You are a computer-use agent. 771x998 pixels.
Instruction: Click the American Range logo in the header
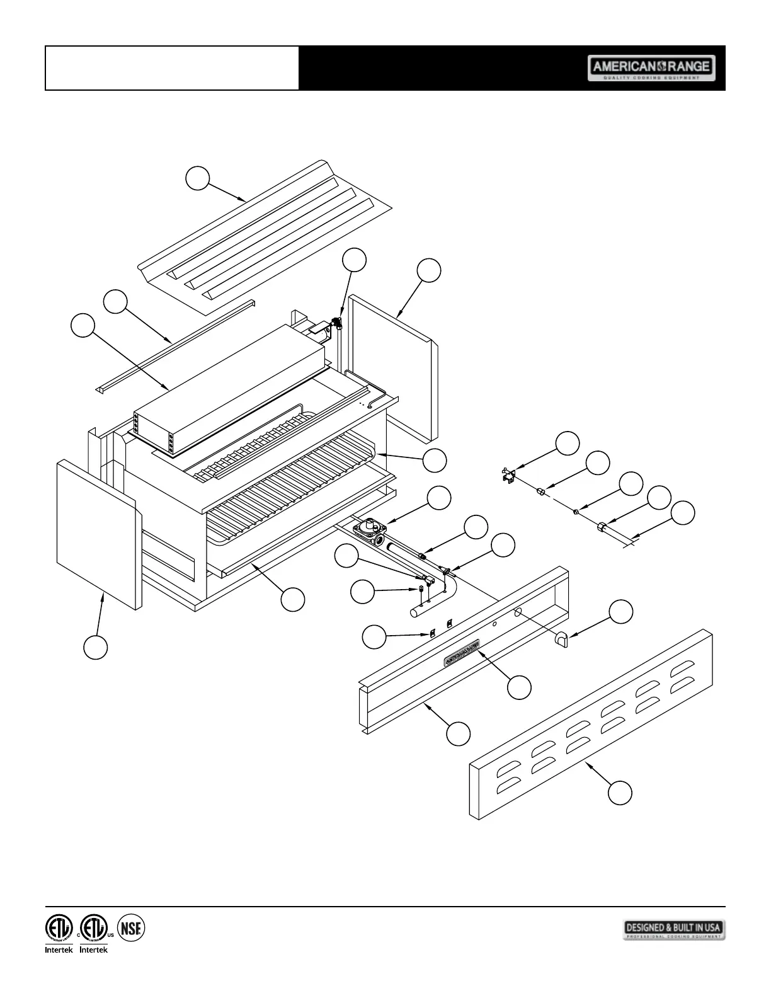651,68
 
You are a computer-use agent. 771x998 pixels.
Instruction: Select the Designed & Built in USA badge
674,929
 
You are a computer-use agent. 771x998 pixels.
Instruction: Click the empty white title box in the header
172,68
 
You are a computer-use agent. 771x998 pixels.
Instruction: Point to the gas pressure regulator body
370,528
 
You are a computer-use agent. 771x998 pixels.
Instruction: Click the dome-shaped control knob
561,641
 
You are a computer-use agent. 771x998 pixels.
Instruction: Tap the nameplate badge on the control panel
462,653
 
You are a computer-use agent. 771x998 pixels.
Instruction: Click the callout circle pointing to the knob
622,611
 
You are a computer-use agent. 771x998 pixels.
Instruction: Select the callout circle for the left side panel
96,648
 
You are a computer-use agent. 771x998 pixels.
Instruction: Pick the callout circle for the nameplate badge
519,687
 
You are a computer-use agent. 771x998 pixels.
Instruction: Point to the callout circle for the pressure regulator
439,498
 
